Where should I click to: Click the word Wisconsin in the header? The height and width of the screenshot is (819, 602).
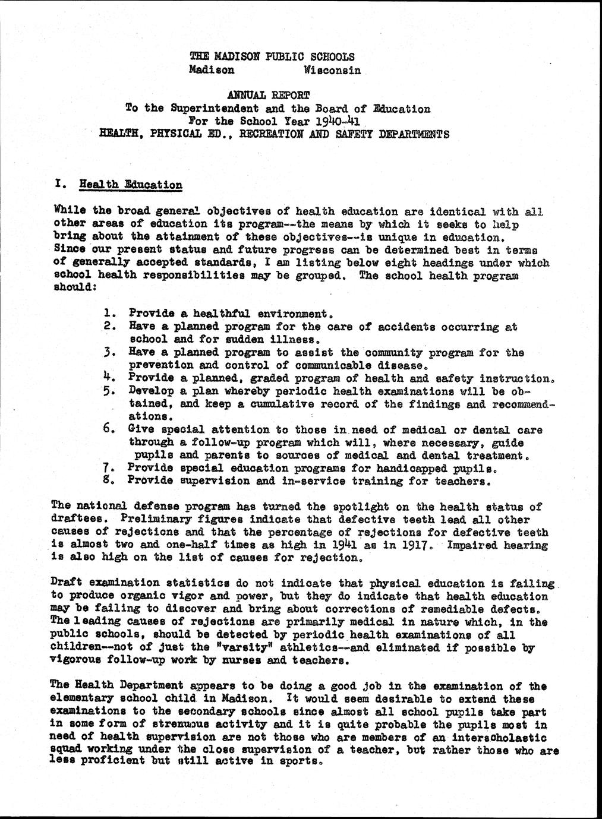(332, 70)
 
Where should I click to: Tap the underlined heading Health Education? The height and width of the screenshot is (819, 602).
(131, 185)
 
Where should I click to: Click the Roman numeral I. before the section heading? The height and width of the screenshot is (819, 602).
(59, 184)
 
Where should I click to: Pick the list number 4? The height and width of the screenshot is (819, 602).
(108, 378)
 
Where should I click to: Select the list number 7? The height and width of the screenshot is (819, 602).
(108, 467)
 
